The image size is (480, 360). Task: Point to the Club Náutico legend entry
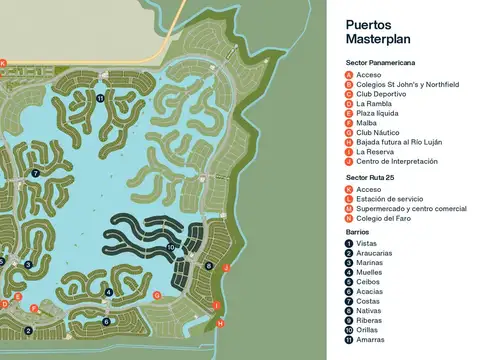(377, 132)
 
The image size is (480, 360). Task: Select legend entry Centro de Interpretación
(397, 161)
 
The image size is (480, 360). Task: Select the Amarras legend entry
(370, 339)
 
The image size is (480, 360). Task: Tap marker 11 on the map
(100, 98)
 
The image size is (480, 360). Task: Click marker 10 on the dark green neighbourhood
(171, 246)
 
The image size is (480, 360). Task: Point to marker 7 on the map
(35, 173)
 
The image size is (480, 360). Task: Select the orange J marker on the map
(227, 268)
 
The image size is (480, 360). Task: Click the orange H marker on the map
(220, 323)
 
